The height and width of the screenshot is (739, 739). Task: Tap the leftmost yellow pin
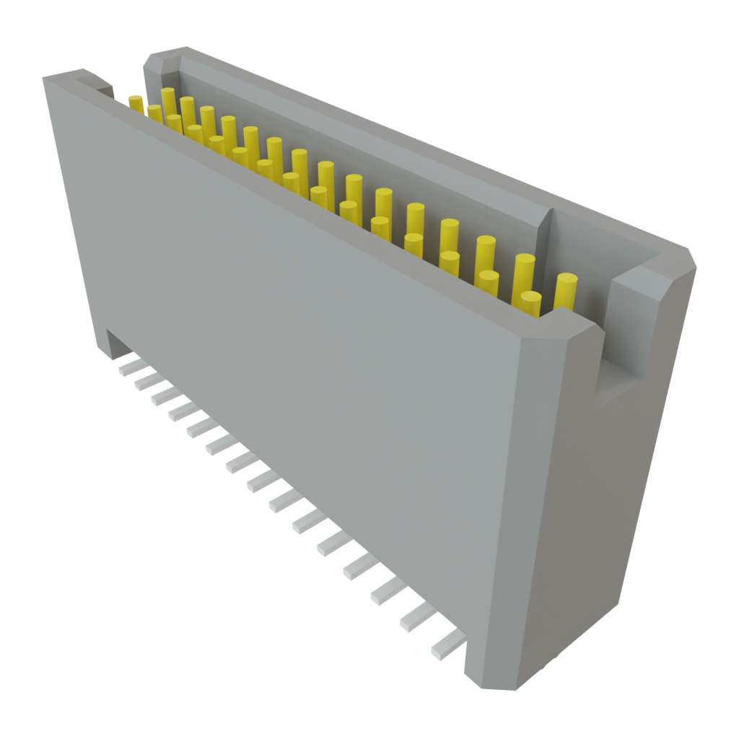(x=136, y=102)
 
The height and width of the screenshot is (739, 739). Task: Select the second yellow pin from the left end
(x=154, y=113)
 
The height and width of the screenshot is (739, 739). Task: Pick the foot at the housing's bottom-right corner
(x=491, y=671)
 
